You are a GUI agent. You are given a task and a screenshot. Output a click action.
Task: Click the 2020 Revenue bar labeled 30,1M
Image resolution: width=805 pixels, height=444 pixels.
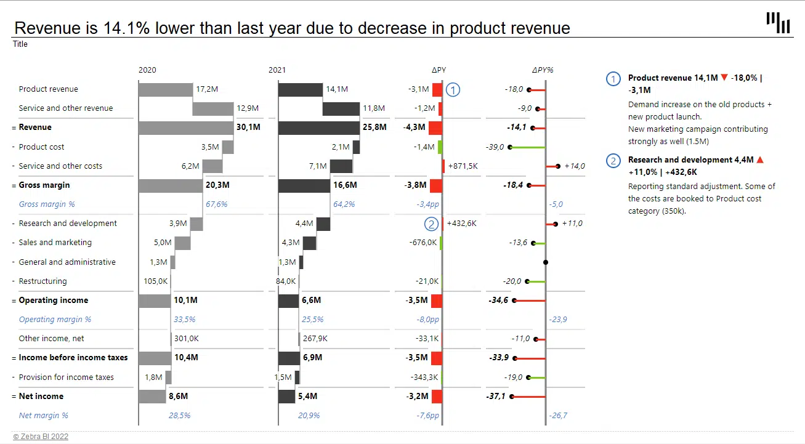[185, 127]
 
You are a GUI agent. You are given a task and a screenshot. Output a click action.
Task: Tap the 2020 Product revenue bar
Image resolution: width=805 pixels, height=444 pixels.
[165, 89]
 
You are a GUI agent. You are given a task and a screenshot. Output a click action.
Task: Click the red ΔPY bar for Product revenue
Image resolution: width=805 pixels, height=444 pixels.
[437, 89]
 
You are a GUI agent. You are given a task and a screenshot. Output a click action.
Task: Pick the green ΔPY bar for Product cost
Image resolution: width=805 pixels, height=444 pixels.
[440, 147]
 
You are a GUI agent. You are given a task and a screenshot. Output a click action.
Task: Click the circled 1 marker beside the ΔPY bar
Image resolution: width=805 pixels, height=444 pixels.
[453, 90]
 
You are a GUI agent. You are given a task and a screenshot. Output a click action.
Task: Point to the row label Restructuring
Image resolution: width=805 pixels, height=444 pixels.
[42, 281]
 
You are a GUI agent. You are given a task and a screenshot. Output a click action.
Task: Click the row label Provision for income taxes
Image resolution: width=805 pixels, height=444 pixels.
[66, 377]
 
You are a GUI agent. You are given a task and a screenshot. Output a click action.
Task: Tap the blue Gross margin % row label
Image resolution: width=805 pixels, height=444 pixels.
[47, 204]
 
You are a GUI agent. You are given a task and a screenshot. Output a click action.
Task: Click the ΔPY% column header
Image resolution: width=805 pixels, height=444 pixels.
[543, 70]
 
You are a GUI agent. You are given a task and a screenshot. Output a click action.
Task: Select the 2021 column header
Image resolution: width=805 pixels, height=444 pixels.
[277, 70]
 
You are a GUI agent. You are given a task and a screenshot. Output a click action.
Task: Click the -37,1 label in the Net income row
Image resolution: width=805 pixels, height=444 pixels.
[496, 397]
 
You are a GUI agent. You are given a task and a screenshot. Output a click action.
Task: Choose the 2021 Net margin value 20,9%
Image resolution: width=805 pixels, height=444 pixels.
[309, 416]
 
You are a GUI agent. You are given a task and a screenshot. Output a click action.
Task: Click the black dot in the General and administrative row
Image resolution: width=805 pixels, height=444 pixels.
[546, 262]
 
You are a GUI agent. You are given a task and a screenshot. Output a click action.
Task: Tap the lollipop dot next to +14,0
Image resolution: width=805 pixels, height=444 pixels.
[557, 166]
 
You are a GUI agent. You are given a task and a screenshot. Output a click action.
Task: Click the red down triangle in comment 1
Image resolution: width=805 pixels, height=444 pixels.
[724, 78]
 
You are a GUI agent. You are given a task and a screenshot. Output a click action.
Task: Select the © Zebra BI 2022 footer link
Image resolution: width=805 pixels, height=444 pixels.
[41, 437]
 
